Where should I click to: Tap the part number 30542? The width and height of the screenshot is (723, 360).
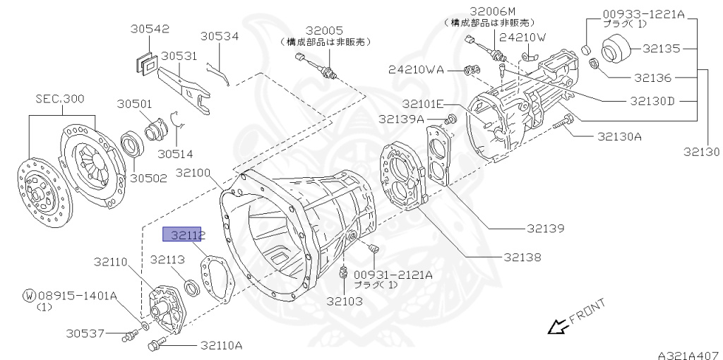(x=150, y=29)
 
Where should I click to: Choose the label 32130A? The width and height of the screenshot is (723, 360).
(x=619, y=136)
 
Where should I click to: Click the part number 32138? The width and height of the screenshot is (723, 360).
(x=522, y=258)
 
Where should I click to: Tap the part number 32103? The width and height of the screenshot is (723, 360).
(x=344, y=301)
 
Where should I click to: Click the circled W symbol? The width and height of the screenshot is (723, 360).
(x=29, y=296)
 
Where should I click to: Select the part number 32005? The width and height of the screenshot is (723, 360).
(x=324, y=30)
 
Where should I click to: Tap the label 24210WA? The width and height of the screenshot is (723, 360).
(x=415, y=69)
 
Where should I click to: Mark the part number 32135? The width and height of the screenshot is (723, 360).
(x=661, y=49)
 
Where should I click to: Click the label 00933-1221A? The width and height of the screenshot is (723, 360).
(x=645, y=13)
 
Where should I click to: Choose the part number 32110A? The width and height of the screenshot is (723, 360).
(x=221, y=345)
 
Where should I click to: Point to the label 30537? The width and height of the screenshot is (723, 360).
(x=86, y=332)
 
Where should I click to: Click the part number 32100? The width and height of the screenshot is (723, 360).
(x=195, y=172)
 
